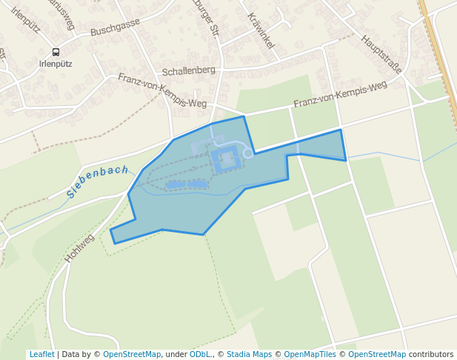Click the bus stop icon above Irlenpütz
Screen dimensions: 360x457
point(56,52)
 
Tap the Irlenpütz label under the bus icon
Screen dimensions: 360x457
point(56,64)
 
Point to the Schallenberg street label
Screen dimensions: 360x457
point(188,70)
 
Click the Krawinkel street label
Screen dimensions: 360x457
point(261,30)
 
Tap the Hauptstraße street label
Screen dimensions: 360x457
point(381,53)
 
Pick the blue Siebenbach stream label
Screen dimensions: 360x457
point(97,181)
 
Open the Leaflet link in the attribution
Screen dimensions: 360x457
point(41,355)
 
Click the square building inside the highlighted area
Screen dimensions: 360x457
point(227,158)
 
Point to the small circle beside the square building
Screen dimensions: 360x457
point(249,154)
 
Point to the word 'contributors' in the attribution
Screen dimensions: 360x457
point(430,355)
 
